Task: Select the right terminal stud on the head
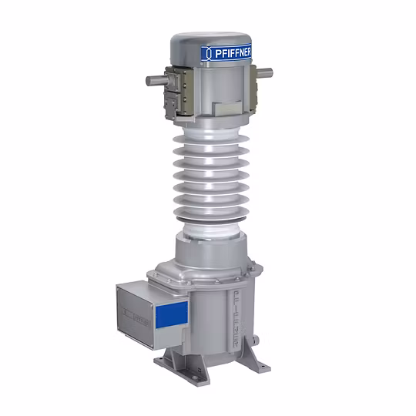(x=264, y=73)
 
